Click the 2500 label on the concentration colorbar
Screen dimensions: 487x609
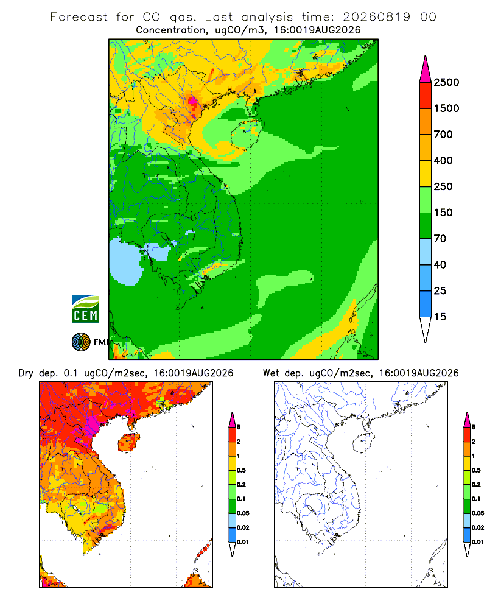[x=446, y=82]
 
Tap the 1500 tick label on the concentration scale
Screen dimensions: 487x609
[x=446, y=108]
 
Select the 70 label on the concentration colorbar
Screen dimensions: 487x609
[x=440, y=239]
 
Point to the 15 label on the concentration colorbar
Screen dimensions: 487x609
[x=440, y=317]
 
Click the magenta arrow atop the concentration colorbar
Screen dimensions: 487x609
[x=426, y=69]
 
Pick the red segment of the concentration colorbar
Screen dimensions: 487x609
[x=426, y=96]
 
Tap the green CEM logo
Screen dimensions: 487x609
[x=85, y=309]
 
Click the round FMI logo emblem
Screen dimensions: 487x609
[x=81, y=342]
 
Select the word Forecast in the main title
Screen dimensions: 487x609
[x=79, y=17]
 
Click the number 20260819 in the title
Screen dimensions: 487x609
[x=376, y=17]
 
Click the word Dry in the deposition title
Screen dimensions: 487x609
[x=26, y=374]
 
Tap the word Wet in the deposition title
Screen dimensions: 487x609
[x=271, y=373]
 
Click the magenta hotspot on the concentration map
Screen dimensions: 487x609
[x=192, y=102]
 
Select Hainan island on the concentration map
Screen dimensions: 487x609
[x=247, y=135]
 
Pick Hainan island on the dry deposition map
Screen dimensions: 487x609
[x=128, y=443]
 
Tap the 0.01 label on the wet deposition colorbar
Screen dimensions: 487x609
[x=478, y=542]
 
